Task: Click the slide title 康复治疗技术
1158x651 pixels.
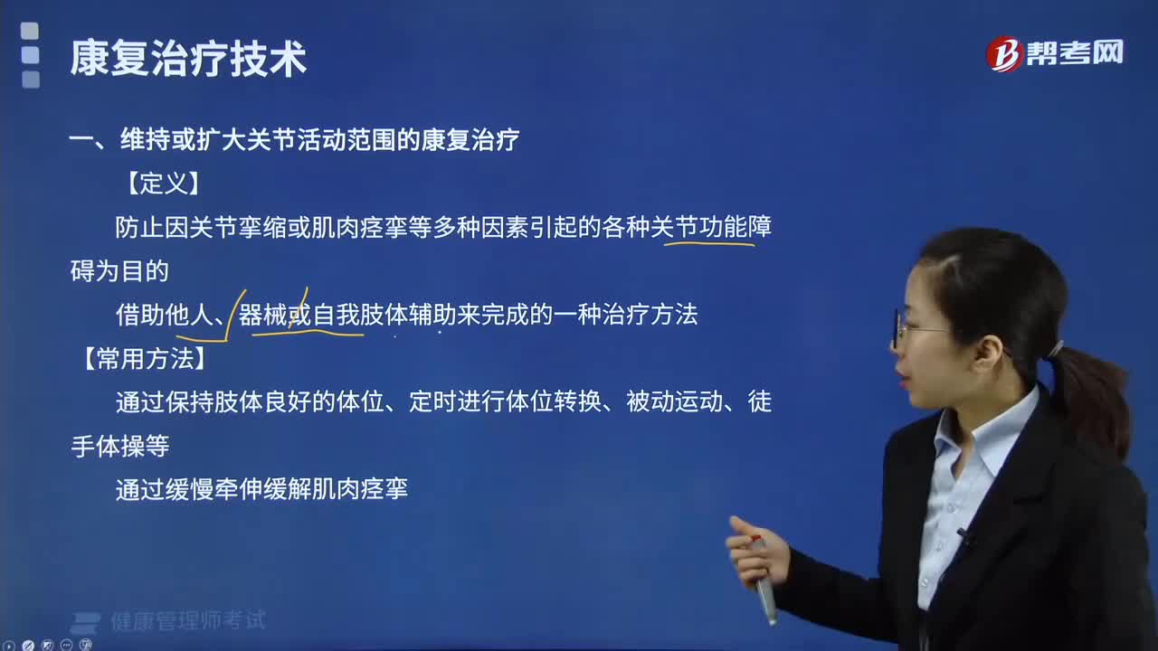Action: coord(188,59)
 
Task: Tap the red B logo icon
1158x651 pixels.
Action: coord(1004,53)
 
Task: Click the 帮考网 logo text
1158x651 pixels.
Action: coord(1075,52)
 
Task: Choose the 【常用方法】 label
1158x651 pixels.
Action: coord(145,358)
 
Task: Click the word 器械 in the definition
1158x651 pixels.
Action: coord(262,315)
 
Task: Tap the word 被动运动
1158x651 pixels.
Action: coord(675,401)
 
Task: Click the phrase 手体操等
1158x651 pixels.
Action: coord(120,446)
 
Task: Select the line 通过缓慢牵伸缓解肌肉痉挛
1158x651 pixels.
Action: coord(262,489)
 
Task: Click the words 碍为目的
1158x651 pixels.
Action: coord(119,270)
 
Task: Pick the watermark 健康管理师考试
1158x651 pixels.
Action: coord(188,620)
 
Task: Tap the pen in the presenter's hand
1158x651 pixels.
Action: coord(764,581)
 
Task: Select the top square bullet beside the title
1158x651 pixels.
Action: coord(30,31)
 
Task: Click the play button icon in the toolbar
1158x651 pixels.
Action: coord(9,646)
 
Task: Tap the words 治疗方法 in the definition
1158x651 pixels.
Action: coord(650,315)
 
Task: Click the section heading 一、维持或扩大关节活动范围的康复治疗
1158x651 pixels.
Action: coord(294,139)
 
